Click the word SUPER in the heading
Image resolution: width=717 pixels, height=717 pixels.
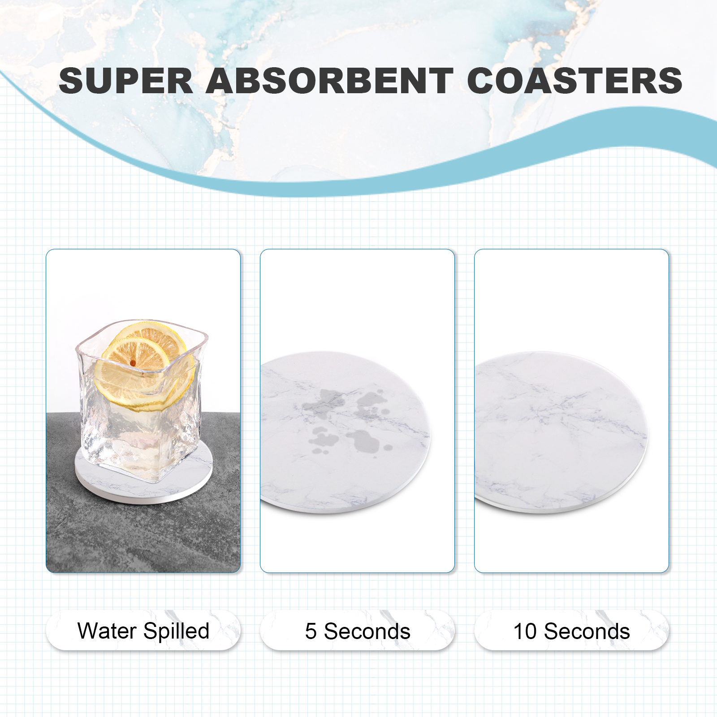pos(126,81)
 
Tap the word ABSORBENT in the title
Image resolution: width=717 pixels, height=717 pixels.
pos(330,81)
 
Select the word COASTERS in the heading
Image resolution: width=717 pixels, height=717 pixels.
pos(575,81)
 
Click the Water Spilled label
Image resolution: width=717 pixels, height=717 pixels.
pos(143,631)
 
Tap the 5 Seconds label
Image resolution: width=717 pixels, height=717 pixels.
pos(358,631)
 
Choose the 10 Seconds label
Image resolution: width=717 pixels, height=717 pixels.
pos(572,631)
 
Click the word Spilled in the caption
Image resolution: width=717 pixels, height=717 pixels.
pos(177,631)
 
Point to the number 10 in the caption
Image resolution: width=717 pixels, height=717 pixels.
pos(525,631)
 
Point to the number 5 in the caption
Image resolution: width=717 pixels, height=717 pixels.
pos(311,631)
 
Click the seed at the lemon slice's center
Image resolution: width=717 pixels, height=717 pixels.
pos(133,363)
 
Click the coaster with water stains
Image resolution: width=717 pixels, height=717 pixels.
pos(345,432)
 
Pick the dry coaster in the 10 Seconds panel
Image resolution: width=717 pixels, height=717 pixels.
pos(560,432)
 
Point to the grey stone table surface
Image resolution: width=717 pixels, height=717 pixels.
pos(143,529)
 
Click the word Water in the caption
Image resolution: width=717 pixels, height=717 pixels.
pos(107,631)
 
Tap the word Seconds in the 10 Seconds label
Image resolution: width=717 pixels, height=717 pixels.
pos(587,631)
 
